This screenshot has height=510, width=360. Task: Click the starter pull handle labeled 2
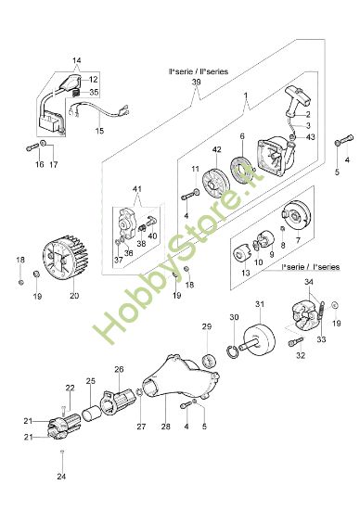point(298,101)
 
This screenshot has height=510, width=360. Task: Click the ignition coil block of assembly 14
point(51,122)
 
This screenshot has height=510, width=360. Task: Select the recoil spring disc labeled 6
point(243,174)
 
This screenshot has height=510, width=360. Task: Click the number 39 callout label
point(197,82)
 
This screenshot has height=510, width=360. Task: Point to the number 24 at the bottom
point(61,477)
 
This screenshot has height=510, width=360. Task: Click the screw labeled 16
point(32,148)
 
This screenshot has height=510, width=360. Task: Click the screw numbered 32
point(295,341)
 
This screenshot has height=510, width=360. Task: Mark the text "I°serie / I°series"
point(311,267)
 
